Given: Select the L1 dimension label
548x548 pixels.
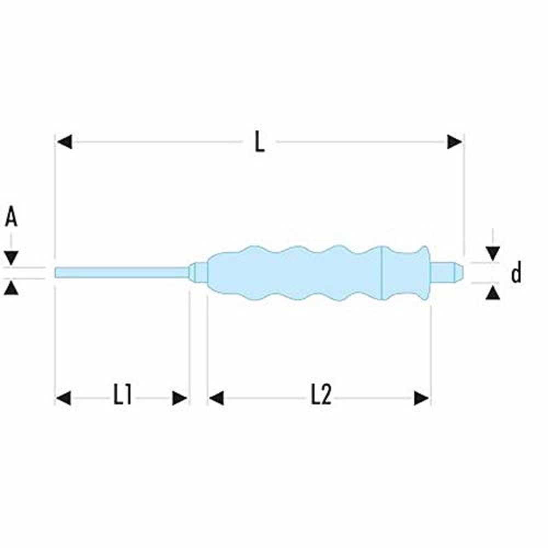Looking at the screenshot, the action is (122, 397).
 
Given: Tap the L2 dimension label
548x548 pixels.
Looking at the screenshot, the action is (321, 397).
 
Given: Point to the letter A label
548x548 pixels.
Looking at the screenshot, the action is (11, 218).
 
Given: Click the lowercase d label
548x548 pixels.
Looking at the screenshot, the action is (516, 272).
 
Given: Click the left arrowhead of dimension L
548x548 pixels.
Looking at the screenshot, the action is (64, 142).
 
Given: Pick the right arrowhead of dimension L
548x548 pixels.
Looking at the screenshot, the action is (455, 142).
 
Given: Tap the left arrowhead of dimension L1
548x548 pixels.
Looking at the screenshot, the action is (64, 398).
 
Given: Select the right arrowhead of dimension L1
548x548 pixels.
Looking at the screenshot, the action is (180, 398).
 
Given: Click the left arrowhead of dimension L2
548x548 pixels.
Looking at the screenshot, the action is (216, 398).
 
